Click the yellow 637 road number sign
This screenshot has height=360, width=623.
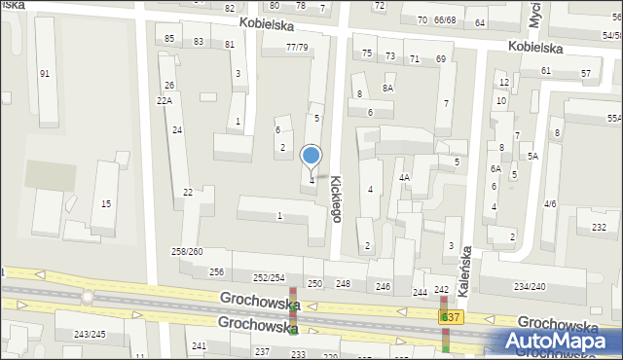coord(450,318)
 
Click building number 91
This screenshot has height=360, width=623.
coord(44,74)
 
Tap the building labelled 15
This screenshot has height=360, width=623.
coord(106,203)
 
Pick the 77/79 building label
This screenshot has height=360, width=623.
coord(297,48)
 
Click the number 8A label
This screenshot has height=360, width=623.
coord(387,88)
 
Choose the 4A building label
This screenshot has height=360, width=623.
coord(404,178)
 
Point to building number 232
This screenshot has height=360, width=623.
coord(598,227)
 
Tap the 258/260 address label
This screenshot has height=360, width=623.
coord(187,252)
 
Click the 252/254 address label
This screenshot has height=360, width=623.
coord(269,278)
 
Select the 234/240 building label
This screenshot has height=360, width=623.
coord(531,286)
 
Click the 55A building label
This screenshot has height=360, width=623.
coord(613,118)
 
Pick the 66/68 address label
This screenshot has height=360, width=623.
coord(445,19)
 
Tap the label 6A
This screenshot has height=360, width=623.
coord(495,168)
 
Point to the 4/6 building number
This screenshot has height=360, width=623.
coord(550,203)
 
